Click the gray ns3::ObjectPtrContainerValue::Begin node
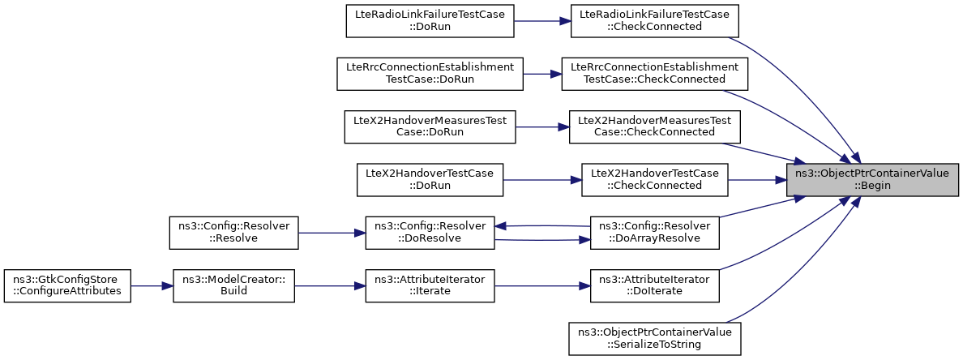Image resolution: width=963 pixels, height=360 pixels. [x=873, y=179]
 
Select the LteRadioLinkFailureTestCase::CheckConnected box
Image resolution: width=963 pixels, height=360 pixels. [x=654, y=21]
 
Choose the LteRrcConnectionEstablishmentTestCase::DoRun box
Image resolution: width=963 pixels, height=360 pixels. [x=430, y=74]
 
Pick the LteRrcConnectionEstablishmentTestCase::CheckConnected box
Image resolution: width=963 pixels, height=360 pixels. [x=654, y=74]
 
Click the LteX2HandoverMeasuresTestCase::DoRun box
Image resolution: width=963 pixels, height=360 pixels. [x=430, y=127]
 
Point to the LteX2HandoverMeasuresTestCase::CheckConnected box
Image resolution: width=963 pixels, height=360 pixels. [x=655, y=127]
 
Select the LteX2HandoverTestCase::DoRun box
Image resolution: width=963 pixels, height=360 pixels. [x=430, y=180]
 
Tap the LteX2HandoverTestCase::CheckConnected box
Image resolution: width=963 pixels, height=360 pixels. [x=655, y=180]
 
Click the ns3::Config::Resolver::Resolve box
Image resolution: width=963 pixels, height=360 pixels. [x=233, y=233]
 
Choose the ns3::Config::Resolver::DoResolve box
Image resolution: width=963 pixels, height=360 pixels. [x=430, y=233]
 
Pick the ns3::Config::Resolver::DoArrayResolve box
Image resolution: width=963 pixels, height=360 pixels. [x=655, y=233]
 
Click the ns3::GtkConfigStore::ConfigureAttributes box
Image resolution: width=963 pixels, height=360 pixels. [x=67, y=285]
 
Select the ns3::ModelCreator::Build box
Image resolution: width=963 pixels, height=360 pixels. [x=233, y=285]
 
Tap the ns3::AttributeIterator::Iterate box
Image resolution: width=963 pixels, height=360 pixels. [x=430, y=285]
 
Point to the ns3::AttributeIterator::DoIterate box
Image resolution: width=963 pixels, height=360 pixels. [x=655, y=285]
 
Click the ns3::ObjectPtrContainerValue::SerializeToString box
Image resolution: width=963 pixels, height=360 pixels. [x=655, y=338]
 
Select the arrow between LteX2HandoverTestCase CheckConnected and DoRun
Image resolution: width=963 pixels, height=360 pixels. [x=542, y=180]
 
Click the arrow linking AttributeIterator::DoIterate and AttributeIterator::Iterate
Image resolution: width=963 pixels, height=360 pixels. [x=542, y=285]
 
